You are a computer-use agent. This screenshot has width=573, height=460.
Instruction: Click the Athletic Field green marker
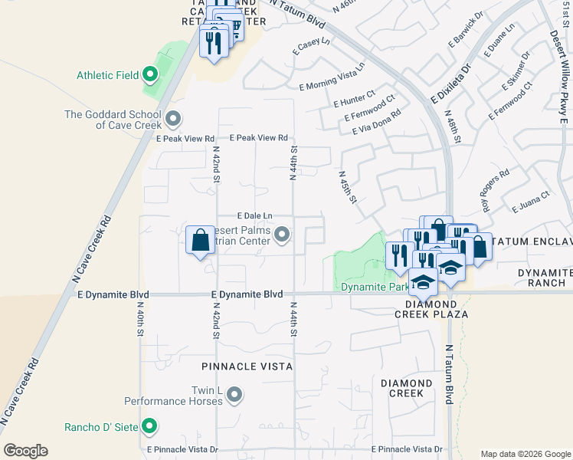[150, 75]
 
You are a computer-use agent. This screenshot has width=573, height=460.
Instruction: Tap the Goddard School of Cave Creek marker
[173, 119]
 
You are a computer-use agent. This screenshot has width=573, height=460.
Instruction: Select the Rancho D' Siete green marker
[150, 426]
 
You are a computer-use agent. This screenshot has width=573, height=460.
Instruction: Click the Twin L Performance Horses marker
[234, 395]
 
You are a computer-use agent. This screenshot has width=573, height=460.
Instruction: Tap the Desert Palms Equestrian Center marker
[282, 235]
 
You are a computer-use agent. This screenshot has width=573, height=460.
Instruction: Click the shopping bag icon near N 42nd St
[200, 240]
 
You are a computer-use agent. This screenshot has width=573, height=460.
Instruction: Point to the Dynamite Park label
[365, 287]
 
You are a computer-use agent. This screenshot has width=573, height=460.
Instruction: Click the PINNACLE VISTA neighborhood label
[247, 367]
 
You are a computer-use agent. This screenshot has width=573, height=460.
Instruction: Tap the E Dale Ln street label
[254, 217]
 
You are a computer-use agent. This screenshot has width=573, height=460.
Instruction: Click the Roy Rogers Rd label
[496, 191]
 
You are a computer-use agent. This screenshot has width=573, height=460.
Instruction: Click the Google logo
[25, 451]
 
